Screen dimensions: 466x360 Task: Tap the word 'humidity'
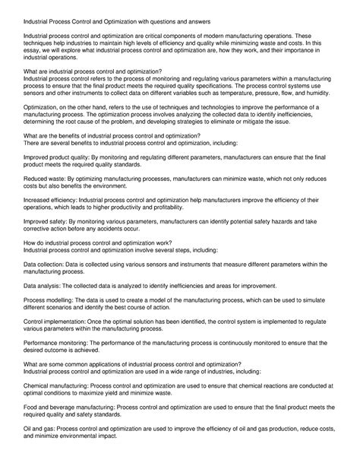click(x=320, y=98)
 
